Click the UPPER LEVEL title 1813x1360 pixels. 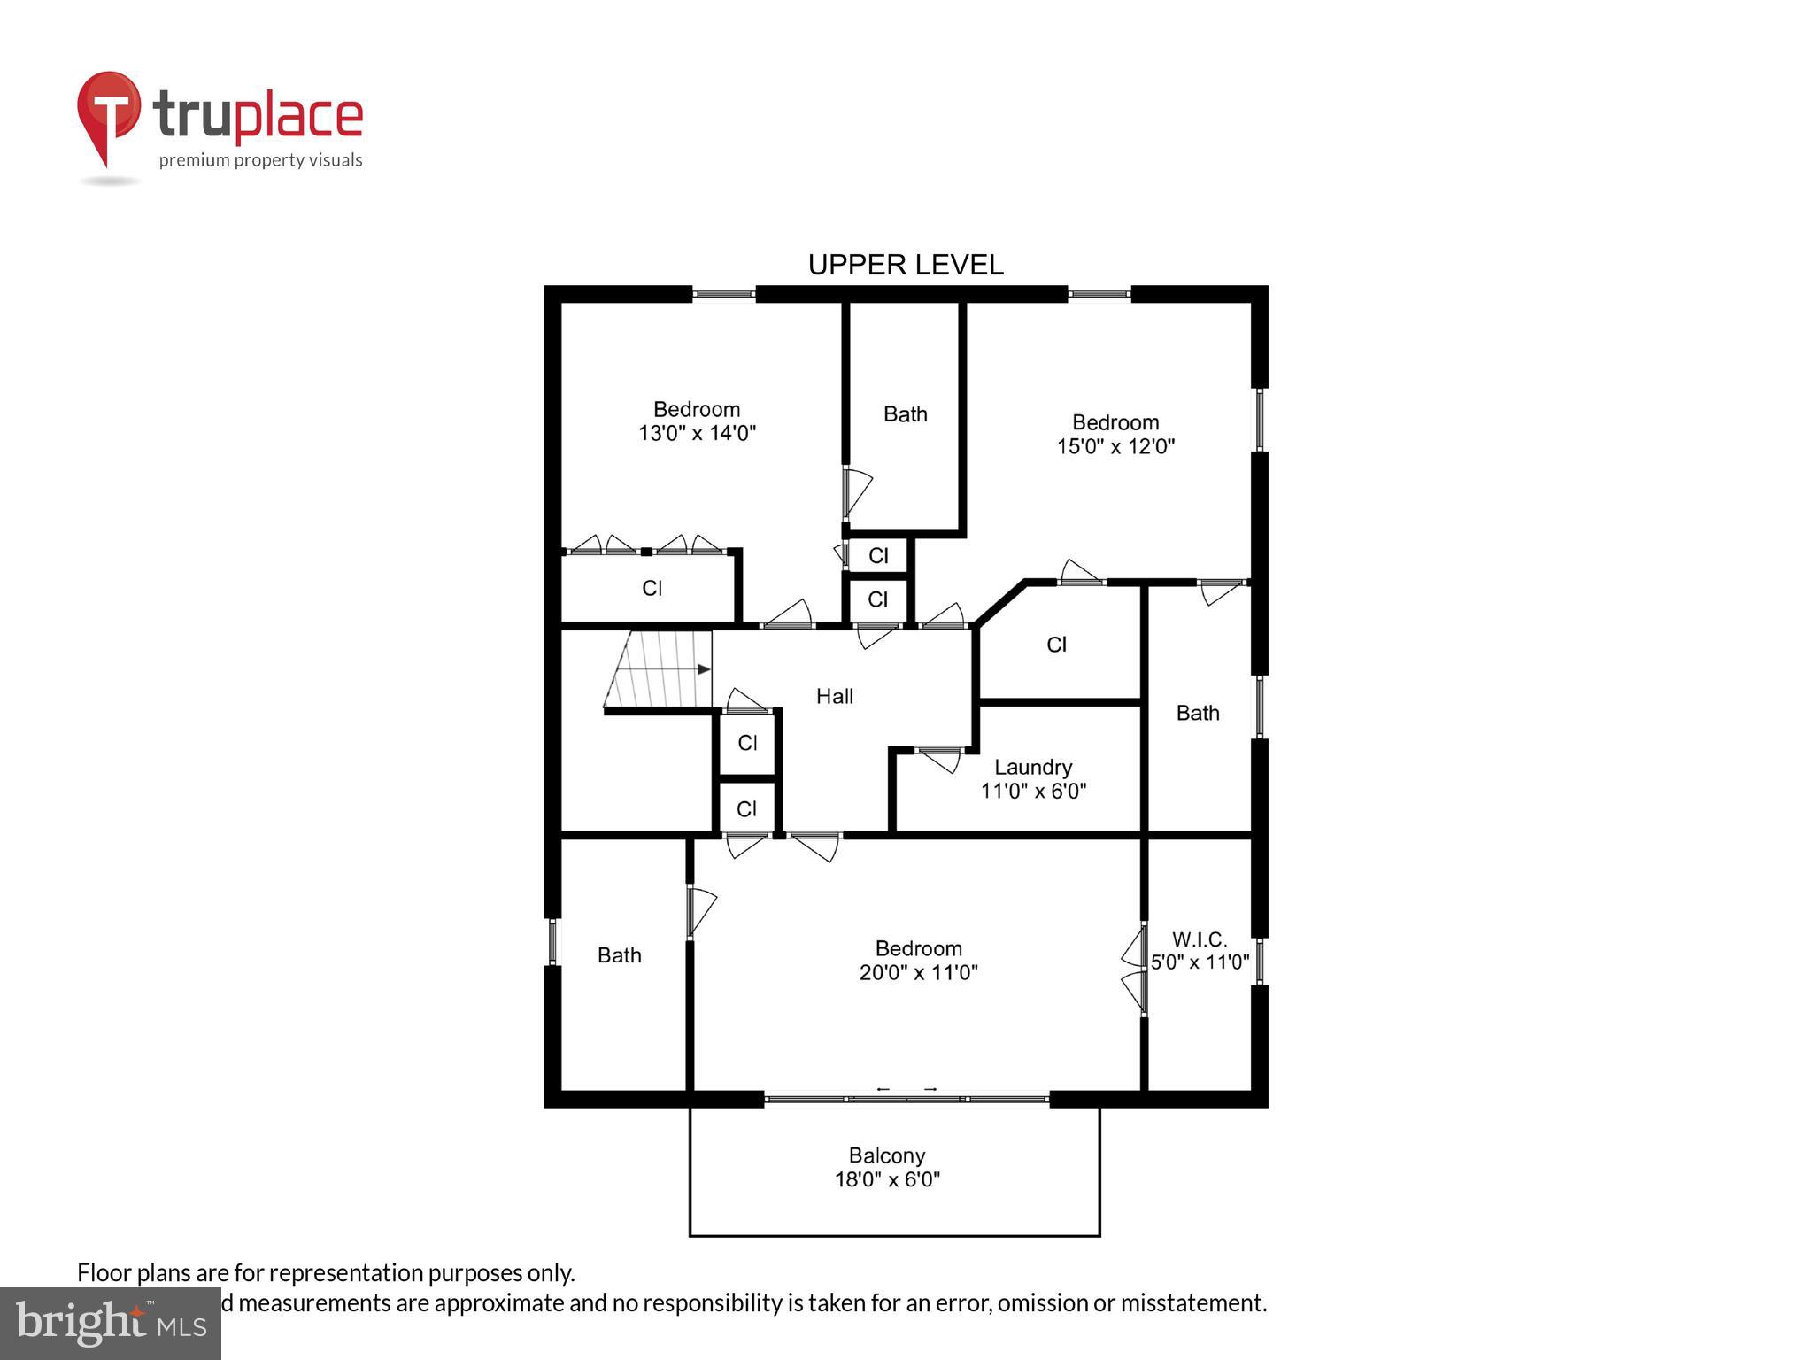coord(906,265)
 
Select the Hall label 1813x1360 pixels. coord(834,697)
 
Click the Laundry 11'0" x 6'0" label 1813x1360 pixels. coord(1033,779)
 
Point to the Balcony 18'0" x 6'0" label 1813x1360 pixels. coord(887,1167)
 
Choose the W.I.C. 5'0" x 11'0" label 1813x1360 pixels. coord(1200,951)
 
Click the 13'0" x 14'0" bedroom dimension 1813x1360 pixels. coord(697,434)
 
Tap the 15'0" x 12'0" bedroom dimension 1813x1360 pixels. coord(1115,446)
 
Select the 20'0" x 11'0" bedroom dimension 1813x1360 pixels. coord(918,973)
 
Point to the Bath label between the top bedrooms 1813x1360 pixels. coord(905,414)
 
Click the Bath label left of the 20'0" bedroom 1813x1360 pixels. coord(619,955)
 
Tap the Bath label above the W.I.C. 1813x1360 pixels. coord(1197,713)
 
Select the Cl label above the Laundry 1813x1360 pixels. coord(1056,645)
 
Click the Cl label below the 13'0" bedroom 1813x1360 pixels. coord(652,589)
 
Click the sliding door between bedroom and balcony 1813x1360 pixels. coord(906,1099)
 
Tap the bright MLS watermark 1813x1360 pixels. coord(111,1324)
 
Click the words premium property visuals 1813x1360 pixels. coord(260,160)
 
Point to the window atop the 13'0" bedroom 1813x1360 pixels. coord(723,294)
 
